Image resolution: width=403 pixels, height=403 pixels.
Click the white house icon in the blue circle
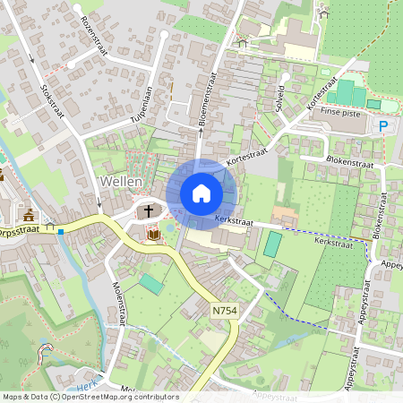(x=201, y=193)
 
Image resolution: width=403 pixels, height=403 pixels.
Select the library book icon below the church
(x=153, y=235)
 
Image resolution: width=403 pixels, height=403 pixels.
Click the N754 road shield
(x=225, y=309)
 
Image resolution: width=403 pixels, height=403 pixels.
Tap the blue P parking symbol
(x=384, y=127)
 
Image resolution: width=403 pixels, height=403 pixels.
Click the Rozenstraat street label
(x=92, y=35)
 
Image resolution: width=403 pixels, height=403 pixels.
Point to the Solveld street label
(x=281, y=99)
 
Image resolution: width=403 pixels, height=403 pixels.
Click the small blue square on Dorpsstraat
(x=60, y=230)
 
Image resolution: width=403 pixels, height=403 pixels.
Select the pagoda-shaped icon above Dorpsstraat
(x=30, y=215)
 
